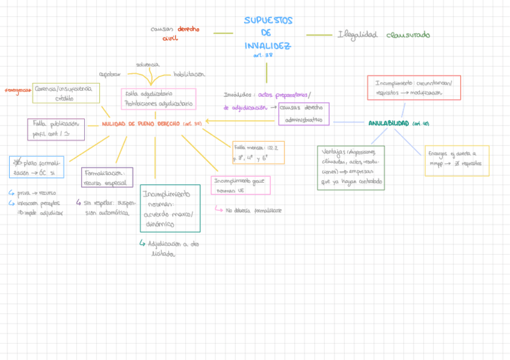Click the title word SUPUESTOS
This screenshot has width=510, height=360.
(x=268, y=20)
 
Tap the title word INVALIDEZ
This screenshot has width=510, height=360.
(x=268, y=46)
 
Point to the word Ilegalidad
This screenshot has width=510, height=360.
(x=357, y=35)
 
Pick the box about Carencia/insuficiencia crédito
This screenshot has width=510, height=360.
(x=66, y=93)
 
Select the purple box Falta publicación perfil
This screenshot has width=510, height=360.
(x=56, y=129)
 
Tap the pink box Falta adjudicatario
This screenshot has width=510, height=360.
(x=159, y=99)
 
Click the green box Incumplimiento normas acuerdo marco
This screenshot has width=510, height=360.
(x=170, y=208)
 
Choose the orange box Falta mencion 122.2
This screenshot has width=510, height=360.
(x=259, y=153)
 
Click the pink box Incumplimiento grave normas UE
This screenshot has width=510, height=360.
(x=241, y=185)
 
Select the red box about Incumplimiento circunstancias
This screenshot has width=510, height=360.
(x=414, y=88)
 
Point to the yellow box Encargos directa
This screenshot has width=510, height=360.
(x=456, y=160)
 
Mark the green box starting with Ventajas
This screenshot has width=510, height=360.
(x=351, y=168)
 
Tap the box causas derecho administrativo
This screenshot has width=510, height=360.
(x=304, y=114)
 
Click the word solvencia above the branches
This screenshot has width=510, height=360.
(x=147, y=64)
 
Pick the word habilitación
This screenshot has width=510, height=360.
(x=189, y=75)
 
